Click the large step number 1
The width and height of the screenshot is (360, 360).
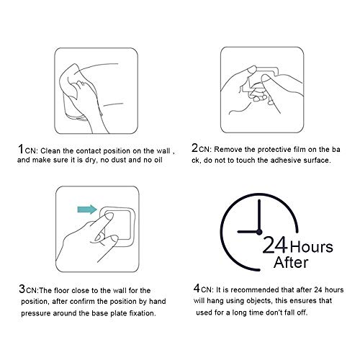[x=21, y=149]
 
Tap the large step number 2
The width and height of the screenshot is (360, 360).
[x=194, y=148]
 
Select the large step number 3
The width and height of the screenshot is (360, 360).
[x=22, y=289]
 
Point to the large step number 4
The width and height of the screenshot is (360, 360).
[x=197, y=288]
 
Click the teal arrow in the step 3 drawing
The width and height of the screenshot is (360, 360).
[x=87, y=210]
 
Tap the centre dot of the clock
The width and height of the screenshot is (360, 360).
[x=259, y=232]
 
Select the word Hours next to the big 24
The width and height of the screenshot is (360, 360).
[x=312, y=247]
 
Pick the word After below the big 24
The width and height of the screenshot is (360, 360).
[x=291, y=262]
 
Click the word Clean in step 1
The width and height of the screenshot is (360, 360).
[x=50, y=151]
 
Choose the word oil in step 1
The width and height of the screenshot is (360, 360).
[x=158, y=160]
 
